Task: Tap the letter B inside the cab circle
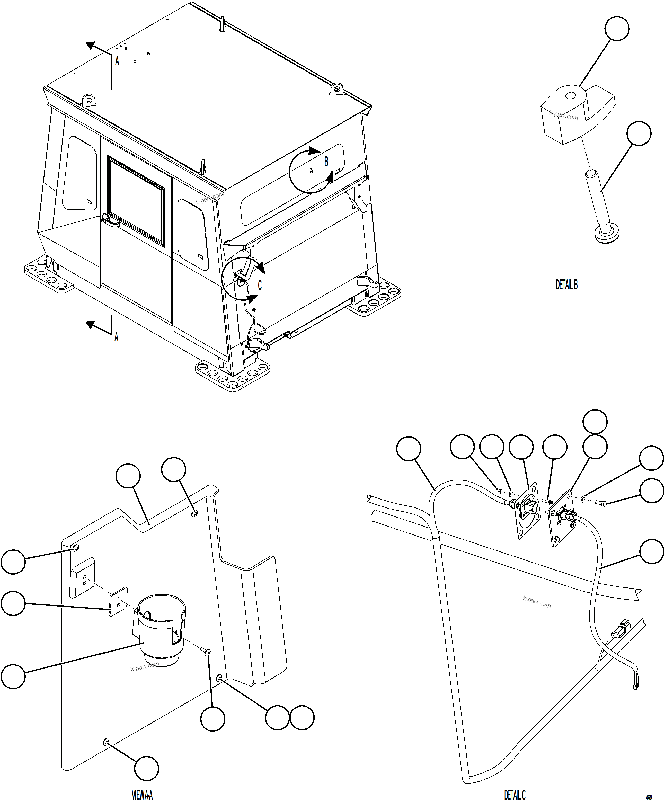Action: point(326,162)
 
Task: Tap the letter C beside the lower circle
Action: point(260,285)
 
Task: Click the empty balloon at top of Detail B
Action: point(617,28)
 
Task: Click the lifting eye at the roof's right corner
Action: point(336,88)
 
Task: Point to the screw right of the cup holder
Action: point(207,651)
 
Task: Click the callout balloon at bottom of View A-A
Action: point(146,768)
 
